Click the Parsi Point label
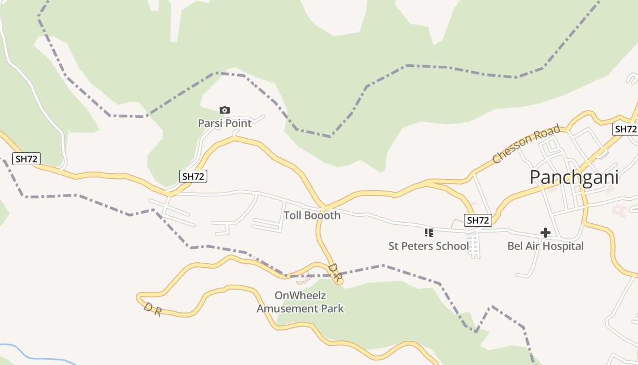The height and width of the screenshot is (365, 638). [x=225, y=123]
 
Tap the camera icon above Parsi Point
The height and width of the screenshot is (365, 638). [x=224, y=110]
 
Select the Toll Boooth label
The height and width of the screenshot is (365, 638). [x=312, y=215]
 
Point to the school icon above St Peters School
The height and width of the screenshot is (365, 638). [x=428, y=233]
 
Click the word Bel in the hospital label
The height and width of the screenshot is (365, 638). [x=515, y=246]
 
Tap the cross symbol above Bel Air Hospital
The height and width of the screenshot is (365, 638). [x=545, y=233]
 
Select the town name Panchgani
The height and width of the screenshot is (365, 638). [x=574, y=177]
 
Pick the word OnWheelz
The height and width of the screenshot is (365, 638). [x=300, y=295]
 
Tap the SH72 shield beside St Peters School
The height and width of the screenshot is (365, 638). [x=478, y=220]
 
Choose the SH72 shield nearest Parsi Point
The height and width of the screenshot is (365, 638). [x=193, y=176]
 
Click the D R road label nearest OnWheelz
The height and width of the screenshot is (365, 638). [x=334, y=272]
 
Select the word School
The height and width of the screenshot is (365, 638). [x=452, y=246]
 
